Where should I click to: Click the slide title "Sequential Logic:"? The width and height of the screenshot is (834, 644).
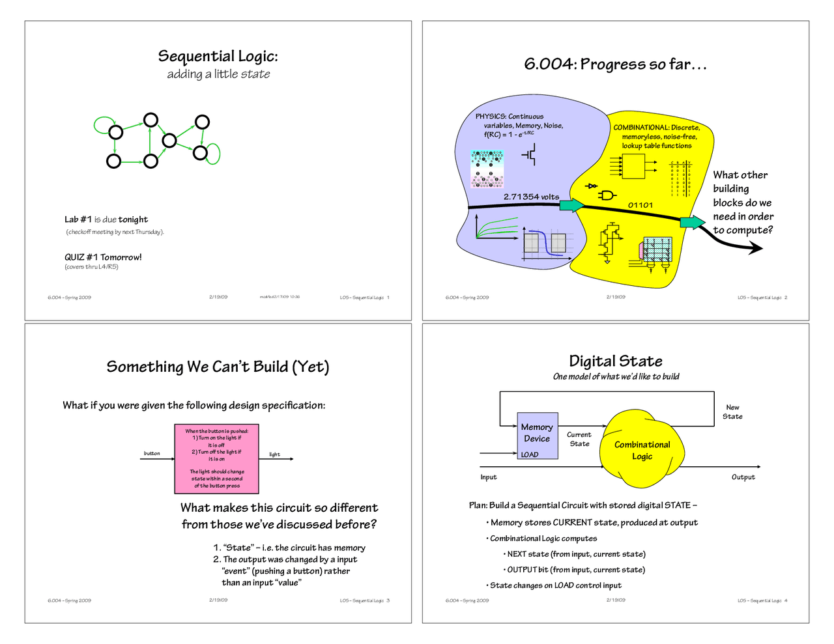coord(218,56)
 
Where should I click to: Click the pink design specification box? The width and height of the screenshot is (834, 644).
coord(217,458)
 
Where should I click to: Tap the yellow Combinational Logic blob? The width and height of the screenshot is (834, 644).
coord(642,450)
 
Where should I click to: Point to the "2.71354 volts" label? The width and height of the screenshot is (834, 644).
coord(531,197)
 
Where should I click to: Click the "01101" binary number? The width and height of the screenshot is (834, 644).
coord(640,205)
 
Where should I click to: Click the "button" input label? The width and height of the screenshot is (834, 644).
coord(152,453)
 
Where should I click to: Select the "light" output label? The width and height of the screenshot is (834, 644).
coord(274,455)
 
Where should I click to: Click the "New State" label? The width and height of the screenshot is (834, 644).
coord(732,412)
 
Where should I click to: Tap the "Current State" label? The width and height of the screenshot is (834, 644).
coord(579,439)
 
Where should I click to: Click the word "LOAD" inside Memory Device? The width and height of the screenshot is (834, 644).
coord(530,455)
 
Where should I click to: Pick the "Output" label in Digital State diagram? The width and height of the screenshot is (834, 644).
coord(743,477)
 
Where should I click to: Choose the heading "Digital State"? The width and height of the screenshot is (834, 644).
coord(615,361)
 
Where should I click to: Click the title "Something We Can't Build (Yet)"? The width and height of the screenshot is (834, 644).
coord(218,367)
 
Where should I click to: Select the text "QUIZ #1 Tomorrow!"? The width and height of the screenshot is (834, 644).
coord(103,257)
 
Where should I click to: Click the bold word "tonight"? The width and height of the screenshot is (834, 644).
coord(133,219)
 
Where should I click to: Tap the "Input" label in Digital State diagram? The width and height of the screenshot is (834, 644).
coord(488,477)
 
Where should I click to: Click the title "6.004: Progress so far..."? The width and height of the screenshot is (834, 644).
coord(615,64)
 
